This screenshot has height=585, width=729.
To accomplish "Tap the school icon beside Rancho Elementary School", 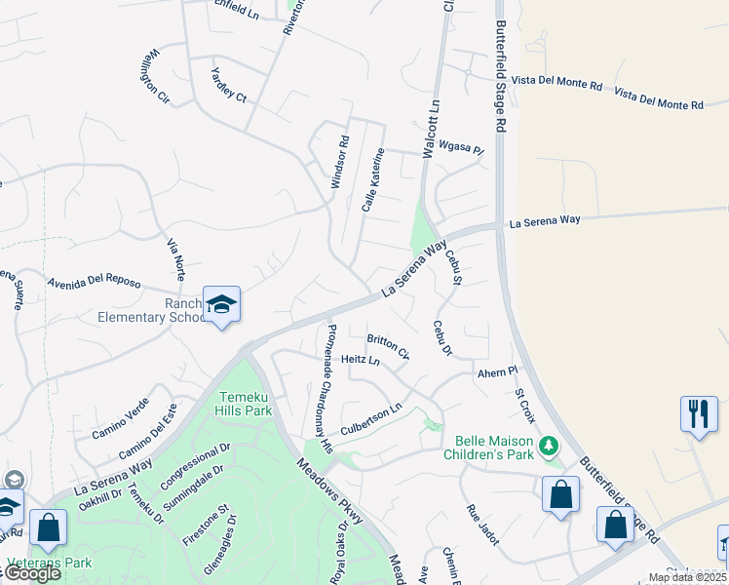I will (221, 305).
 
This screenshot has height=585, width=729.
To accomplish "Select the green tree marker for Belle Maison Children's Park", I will (550, 446).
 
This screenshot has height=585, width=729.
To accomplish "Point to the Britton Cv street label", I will (388, 346).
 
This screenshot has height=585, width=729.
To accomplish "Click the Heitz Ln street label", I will (361, 360).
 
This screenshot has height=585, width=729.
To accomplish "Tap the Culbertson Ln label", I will (370, 419).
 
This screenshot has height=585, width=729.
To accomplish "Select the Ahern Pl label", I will (496, 372).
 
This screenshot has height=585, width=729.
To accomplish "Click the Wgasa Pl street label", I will (461, 149).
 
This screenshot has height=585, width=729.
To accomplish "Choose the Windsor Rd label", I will (338, 161).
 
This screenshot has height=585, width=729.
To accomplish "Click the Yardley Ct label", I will (230, 85).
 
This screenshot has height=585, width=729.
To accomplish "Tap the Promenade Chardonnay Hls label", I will (328, 388).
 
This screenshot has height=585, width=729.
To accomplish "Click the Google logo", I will (32, 573).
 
